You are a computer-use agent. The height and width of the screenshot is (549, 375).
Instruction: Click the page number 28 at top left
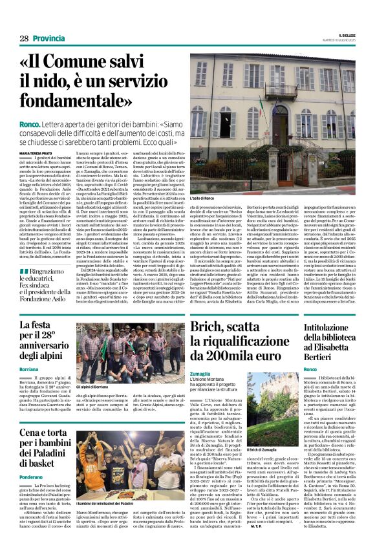(x=23, y=38)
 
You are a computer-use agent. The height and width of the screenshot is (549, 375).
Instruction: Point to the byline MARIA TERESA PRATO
(x=36, y=153)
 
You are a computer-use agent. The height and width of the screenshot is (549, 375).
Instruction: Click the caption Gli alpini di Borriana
(x=93, y=387)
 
